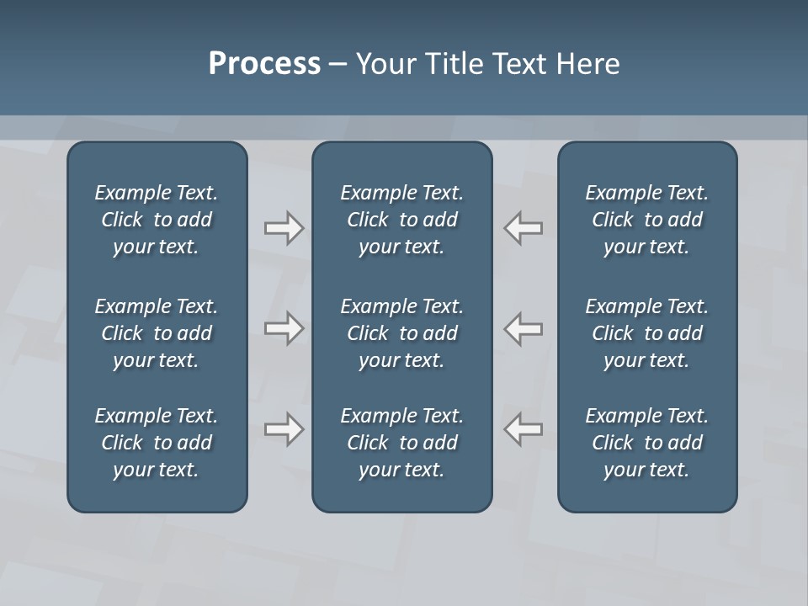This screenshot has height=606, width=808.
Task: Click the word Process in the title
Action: point(264,64)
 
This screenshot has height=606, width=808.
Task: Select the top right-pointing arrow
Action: point(284,228)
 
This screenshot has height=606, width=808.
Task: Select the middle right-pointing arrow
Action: point(284,328)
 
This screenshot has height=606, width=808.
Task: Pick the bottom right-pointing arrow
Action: point(284,429)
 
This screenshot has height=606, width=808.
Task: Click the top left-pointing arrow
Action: point(524,228)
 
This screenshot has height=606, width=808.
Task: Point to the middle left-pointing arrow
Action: point(524,328)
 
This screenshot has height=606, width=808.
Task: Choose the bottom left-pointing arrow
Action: point(524,429)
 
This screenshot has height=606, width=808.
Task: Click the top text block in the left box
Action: point(157,220)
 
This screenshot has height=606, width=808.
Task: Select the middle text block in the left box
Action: point(157,333)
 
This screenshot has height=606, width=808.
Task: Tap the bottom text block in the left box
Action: point(157,443)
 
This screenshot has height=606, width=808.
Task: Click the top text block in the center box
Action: point(402,220)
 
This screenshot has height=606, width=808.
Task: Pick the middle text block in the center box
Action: point(402,333)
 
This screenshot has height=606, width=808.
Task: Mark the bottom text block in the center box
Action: point(402,443)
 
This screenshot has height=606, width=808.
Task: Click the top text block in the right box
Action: point(647,220)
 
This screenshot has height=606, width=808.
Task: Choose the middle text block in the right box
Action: point(647,333)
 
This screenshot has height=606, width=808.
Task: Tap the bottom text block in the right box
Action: point(647,443)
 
